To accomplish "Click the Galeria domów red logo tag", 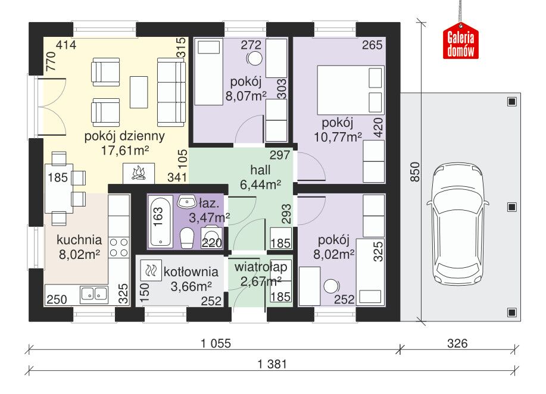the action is coord(461,40).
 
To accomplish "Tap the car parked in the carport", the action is coord(457,224).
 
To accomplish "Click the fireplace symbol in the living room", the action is coord(139,173).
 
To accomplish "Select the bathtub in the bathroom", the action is coord(161,222).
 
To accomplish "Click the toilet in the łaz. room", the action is coord(187,239).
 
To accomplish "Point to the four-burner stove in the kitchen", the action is coord(118,248).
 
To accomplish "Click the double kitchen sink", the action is coord(94,295).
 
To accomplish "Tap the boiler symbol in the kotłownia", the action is coord(151,270).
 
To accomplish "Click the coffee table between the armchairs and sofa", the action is coord(139,92).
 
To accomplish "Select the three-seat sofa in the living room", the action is coord(171,92).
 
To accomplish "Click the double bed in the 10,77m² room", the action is coord(351,90).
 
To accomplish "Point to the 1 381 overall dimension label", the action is coord(272,364).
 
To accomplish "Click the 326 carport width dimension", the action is coord(457,343).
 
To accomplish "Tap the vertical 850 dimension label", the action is coord(415,172).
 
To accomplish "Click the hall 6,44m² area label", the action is coord(260,177).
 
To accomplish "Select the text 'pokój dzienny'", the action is coord(124,136).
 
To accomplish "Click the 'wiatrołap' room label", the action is coord(261,267).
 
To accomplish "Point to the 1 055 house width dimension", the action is coord(216,343).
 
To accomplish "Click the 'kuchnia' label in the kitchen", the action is coord(79,240).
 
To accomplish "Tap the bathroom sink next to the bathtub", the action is coord(187,202).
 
